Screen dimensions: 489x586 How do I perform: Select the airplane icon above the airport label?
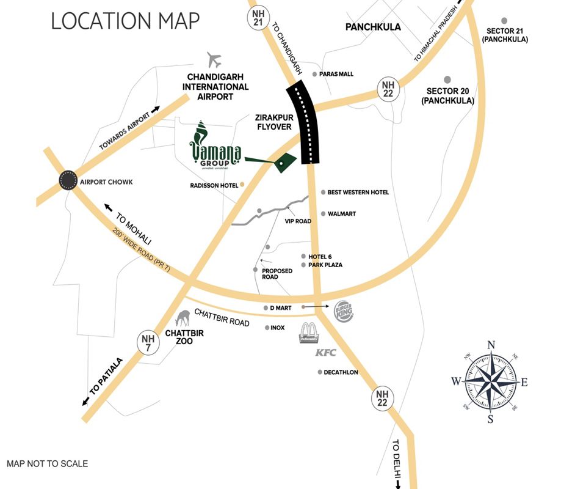point(214,60)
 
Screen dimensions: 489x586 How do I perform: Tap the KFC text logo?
point(326,353)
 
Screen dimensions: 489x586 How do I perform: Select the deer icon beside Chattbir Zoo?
point(183,318)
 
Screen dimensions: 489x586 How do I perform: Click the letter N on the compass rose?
point(491,344)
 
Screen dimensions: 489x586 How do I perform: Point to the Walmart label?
point(341,214)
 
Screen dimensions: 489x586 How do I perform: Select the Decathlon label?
point(341,372)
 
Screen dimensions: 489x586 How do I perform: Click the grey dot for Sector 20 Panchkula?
point(447,79)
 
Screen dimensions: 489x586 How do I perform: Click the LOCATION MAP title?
point(125,21)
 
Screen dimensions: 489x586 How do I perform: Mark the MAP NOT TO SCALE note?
point(47,464)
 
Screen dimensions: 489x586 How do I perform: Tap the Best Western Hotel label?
point(358,193)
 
